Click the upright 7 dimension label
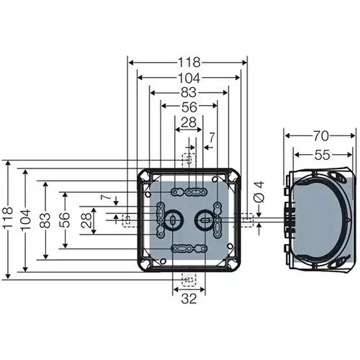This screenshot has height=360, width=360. point(211,137)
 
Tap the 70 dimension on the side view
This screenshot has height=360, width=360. point(320,134)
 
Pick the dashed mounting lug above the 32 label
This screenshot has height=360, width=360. point(188,279)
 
